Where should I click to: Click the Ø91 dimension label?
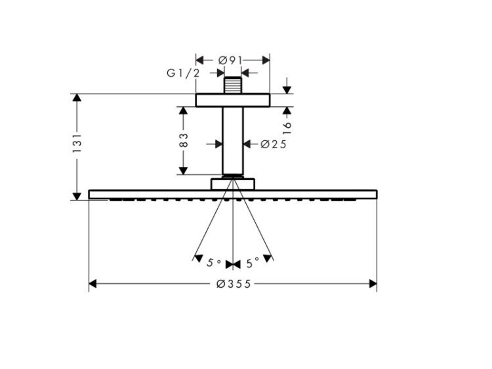click(x=230, y=60)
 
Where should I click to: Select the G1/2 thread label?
click(x=183, y=73)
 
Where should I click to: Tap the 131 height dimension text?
click(x=77, y=144)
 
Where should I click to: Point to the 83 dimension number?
click(x=183, y=140)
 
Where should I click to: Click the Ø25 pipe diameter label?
click(x=274, y=144)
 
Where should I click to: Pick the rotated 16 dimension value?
click(x=287, y=128)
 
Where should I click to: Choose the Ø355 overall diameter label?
click(x=234, y=284)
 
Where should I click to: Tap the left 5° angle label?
click(x=214, y=263)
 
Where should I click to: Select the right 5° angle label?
click(x=253, y=263)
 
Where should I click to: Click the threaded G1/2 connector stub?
click(x=233, y=85)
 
